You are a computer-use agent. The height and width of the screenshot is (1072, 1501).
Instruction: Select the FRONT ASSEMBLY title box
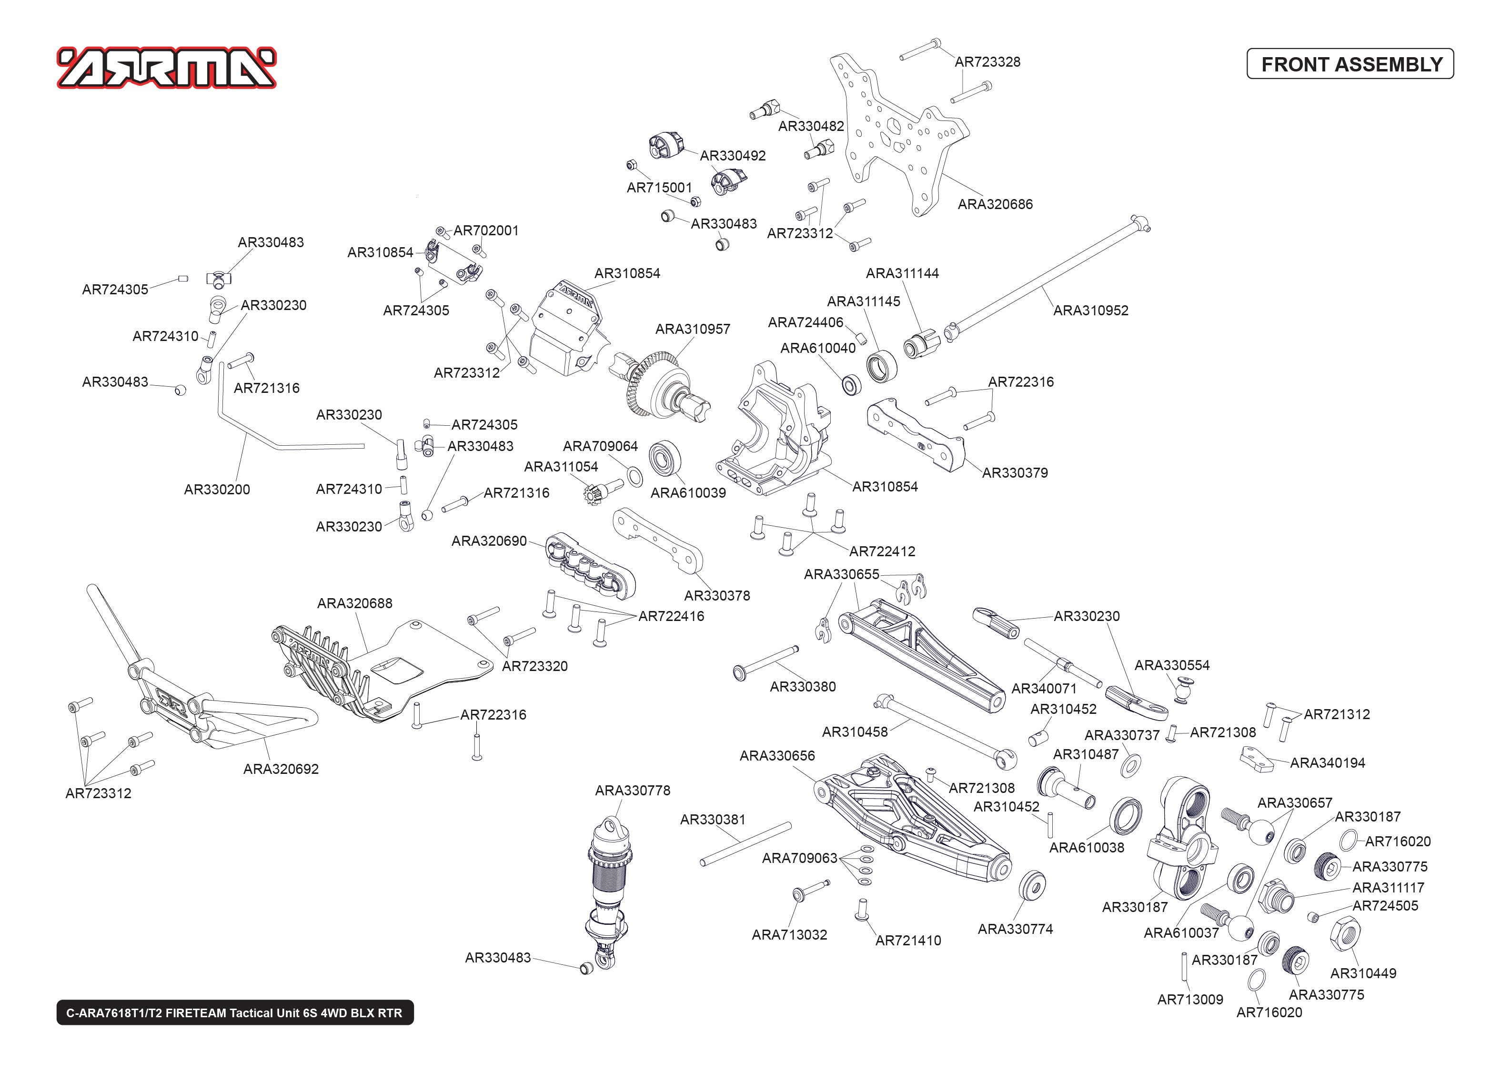tap(1350, 64)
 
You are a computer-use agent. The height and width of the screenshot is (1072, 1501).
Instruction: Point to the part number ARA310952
tap(1090, 310)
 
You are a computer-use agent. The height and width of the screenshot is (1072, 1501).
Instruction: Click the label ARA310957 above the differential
tap(693, 329)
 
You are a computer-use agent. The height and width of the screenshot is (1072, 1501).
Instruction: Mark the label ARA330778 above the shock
tap(632, 790)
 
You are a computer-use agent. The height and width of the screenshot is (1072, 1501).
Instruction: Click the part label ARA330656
tap(777, 755)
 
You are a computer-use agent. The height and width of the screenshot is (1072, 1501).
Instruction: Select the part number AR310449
tap(1363, 973)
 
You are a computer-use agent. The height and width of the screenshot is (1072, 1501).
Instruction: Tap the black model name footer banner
tap(234, 1012)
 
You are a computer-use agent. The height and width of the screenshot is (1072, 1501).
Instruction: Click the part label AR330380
tap(803, 687)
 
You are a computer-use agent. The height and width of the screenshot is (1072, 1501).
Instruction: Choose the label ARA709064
tap(600, 446)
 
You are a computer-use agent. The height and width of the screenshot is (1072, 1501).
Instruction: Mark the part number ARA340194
tap(1328, 762)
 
